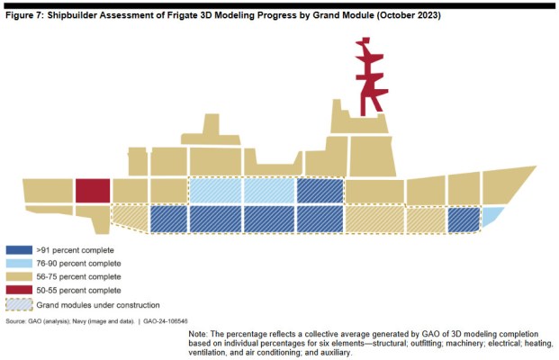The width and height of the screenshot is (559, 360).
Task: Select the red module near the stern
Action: (93, 191)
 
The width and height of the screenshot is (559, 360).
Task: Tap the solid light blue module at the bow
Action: (491, 216)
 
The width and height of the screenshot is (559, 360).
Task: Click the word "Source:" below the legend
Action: (15, 321)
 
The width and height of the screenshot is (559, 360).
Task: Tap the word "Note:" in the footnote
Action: (200, 334)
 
